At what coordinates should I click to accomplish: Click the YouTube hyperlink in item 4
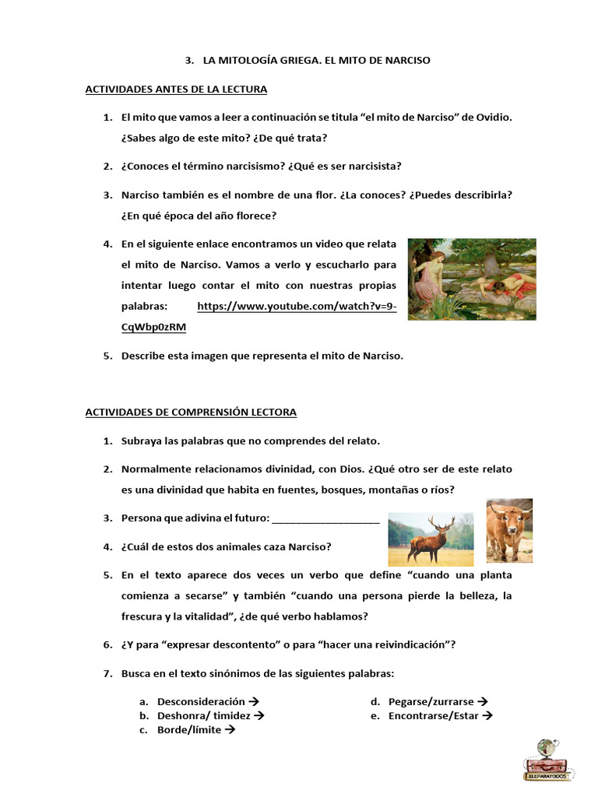[x=297, y=307]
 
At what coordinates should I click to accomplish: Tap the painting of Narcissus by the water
[x=472, y=279]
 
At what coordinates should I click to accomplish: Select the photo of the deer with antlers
[x=431, y=539]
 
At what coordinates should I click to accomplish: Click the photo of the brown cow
[x=509, y=530]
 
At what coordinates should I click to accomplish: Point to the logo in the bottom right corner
[x=549, y=760]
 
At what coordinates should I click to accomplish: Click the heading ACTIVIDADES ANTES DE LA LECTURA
[x=176, y=89]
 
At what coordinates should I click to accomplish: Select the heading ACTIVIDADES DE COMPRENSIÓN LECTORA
[x=191, y=412]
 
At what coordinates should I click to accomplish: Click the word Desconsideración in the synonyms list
[x=201, y=701]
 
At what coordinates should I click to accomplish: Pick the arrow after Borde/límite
[x=230, y=730]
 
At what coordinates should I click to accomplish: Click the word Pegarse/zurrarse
[x=431, y=701]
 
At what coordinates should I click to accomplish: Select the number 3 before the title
[x=188, y=60]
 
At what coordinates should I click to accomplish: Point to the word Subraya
[x=142, y=441]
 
